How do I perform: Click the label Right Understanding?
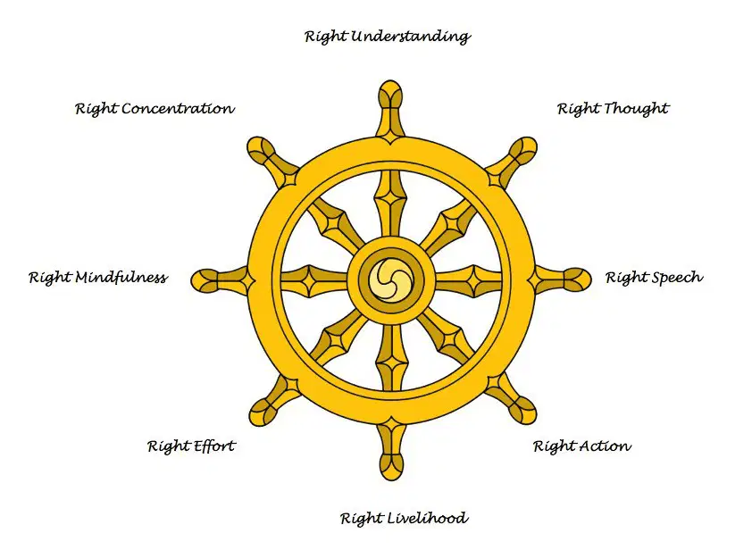pyautogui.click(x=388, y=37)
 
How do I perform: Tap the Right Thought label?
pyautogui.click(x=613, y=109)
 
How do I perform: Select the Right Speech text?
pyautogui.click(x=654, y=278)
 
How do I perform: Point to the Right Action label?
pyautogui.click(x=582, y=446)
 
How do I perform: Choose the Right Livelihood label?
pyautogui.click(x=404, y=519)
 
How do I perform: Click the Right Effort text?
pyautogui.click(x=191, y=446)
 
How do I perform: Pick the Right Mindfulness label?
pyautogui.click(x=98, y=278)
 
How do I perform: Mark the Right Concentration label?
pyautogui.click(x=155, y=109)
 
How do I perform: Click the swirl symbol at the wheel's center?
pyautogui.click(x=390, y=280)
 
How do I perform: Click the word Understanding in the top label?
pyautogui.click(x=411, y=37)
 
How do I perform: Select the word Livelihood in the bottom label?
pyautogui.click(x=428, y=519)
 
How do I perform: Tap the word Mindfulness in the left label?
pyautogui.click(x=121, y=278)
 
